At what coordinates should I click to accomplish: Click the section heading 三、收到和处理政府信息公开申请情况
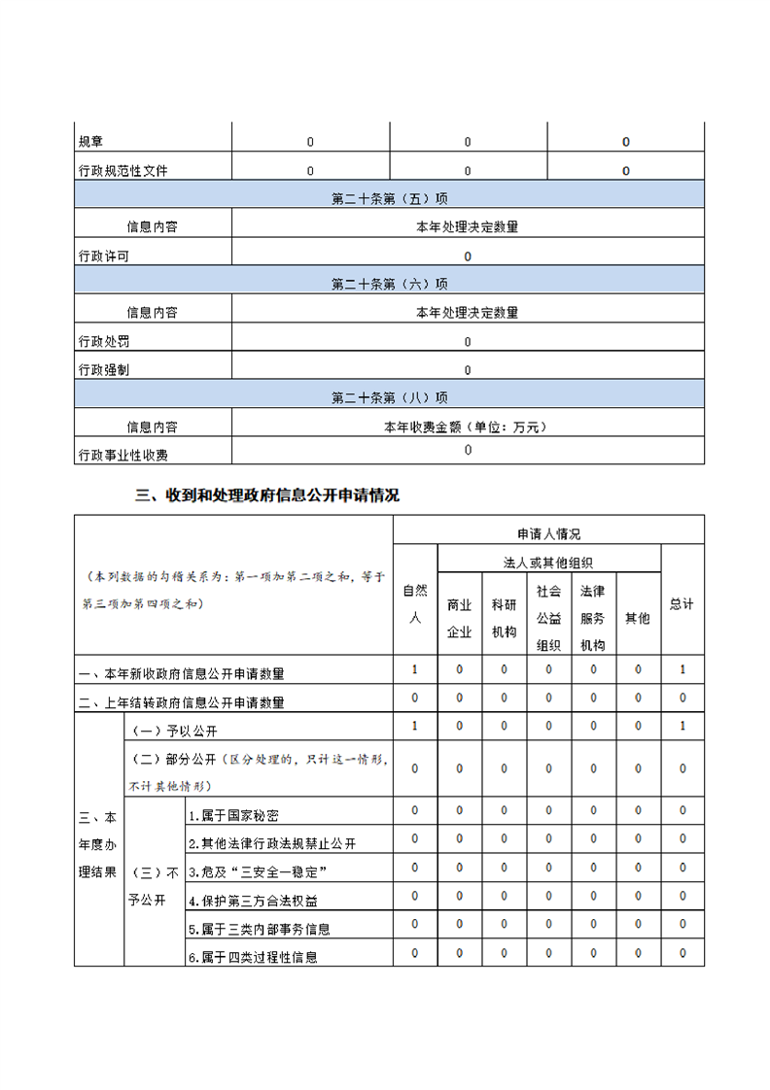267,494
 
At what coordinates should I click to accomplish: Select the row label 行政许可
104,256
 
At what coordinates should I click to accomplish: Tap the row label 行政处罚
104,342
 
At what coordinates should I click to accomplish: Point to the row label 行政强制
104,370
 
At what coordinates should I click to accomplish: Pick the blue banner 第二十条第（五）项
389,199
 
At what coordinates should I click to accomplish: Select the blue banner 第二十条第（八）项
389,397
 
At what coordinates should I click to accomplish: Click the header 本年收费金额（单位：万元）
467,426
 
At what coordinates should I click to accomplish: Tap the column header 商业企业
459,618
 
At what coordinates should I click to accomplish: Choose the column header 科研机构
504,618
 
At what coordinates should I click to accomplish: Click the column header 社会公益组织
548,618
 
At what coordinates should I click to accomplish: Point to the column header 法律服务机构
593,618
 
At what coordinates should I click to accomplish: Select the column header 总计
682,603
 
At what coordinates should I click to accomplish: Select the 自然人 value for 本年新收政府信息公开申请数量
415,669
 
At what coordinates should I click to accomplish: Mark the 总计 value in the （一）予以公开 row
682,726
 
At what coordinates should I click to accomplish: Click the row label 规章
90,142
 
